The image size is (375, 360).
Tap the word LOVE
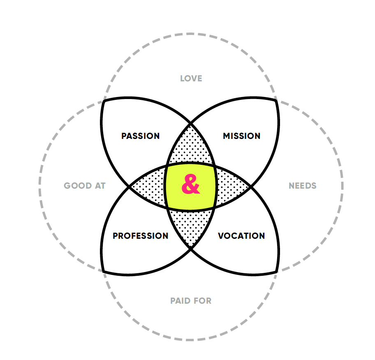tap(191, 78)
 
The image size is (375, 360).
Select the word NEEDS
tap(302, 186)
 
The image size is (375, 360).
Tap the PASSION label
tap(141, 136)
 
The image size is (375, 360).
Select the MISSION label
tap(241, 136)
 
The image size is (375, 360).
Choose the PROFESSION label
tap(141, 236)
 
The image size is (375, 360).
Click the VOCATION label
tap(241, 236)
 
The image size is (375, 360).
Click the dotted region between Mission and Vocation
tap(230, 186)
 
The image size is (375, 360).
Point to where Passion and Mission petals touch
tap(190, 123)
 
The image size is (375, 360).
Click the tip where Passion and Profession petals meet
tap(130, 187)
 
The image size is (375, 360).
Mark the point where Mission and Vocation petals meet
tap(251, 187)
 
